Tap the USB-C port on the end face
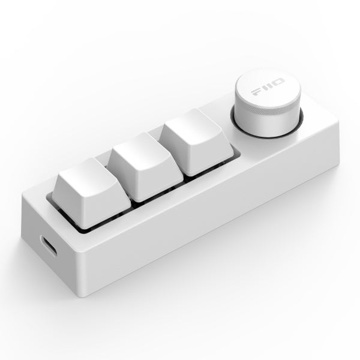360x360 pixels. click(49, 246)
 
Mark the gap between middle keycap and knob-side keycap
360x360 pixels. click(169, 153)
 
